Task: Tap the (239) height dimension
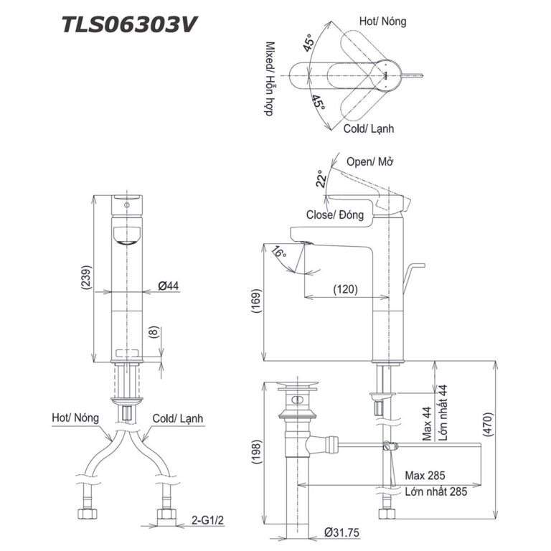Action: pyautogui.click(x=85, y=277)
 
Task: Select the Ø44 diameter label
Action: pyautogui.click(x=168, y=286)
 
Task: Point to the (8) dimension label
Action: pyautogui.click(x=152, y=333)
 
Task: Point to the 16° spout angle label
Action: pyautogui.click(x=278, y=253)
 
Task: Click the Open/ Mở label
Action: pyautogui.click(x=371, y=161)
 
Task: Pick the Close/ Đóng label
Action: pyautogui.click(x=335, y=215)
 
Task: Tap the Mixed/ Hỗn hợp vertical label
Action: pyautogui.click(x=270, y=78)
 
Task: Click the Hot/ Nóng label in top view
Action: pyautogui.click(x=382, y=22)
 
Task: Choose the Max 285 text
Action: pyautogui.click(x=425, y=476)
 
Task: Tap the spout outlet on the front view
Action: pyautogui.click(x=127, y=237)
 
